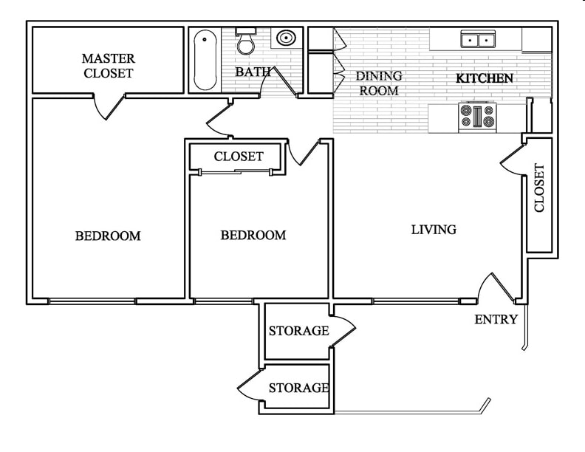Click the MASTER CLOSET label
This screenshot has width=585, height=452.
click(108, 66)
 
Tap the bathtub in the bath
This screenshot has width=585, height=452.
click(205, 59)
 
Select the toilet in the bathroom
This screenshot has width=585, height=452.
click(245, 41)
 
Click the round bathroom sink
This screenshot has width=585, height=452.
click(285, 38)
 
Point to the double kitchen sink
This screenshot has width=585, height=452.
click(478, 39)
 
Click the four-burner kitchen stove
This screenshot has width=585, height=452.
click(476, 116)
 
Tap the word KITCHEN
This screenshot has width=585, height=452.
click(484, 78)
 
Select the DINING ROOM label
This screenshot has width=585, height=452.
click(378, 83)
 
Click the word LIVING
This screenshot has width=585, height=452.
click(434, 230)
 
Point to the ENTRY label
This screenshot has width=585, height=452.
click(495, 319)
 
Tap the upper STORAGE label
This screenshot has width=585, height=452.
click(298, 330)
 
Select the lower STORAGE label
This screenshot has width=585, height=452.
click(298, 387)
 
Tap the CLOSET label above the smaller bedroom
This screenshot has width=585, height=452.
click(238, 157)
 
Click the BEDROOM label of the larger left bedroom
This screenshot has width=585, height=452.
click(108, 236)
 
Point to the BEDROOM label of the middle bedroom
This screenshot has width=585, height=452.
click(253, 236)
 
